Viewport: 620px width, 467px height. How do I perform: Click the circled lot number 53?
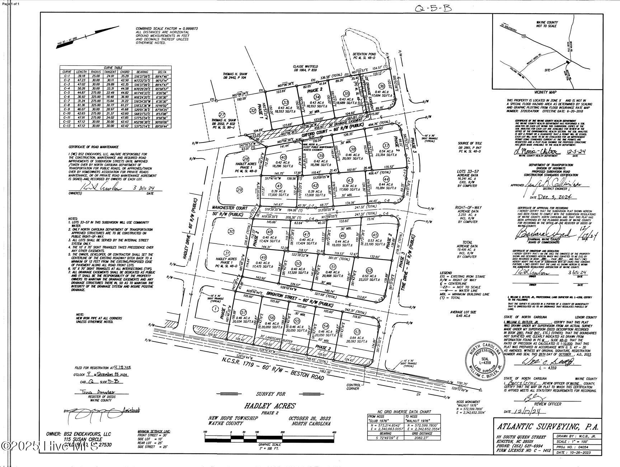point(357,331)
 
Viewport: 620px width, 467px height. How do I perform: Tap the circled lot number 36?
point(381,86)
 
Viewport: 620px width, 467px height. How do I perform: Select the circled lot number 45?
point(375,234)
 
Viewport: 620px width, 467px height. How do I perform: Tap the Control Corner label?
point(353,387)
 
